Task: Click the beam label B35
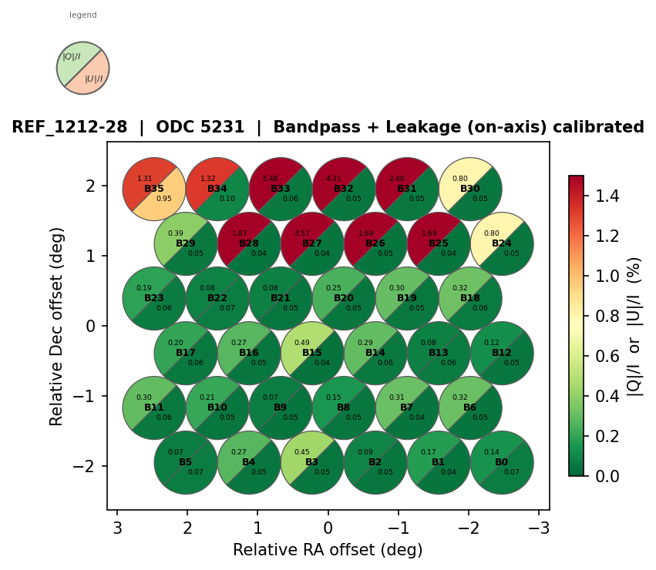click(x=154, y=189)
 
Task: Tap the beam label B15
click(x=312, y=353)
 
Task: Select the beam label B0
click(x=502, y=462)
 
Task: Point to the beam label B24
click(x=502, y=243)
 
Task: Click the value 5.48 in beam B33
click(x=271, y=179)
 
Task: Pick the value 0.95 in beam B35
click(x=164, y=199)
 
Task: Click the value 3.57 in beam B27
click(x=302, y=233)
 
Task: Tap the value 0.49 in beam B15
click(x=302, y=343)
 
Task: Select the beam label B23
click(x=154, y=298)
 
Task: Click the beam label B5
click(x=186, y=462)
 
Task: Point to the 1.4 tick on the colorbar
click(x=600, y=196)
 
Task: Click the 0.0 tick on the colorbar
click(x=600, y=476)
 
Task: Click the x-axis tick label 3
click(x=117, y=528)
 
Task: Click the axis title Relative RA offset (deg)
click(x=328, y=550)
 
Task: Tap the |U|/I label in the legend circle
click(x=93, y=79)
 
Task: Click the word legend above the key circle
click(x=82, y=15)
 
